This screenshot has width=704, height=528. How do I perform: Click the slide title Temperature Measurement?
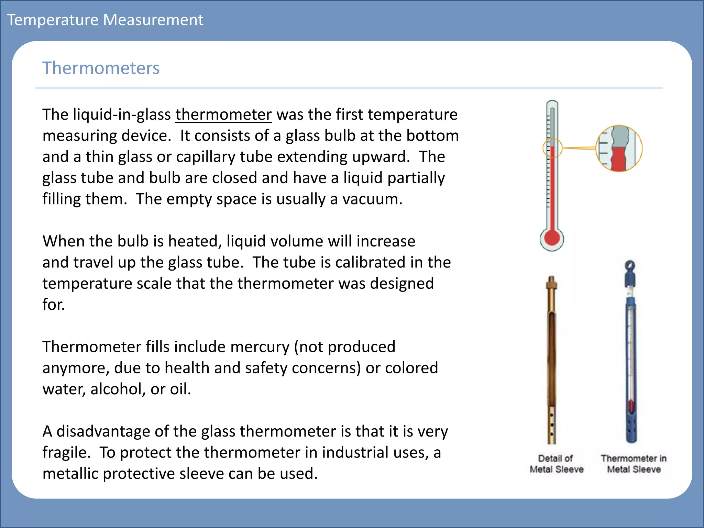(105, 20)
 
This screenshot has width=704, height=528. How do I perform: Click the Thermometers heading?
(101, 68)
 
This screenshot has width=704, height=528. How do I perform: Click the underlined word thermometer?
(223, 114)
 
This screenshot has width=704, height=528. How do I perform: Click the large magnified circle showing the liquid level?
(619, 148)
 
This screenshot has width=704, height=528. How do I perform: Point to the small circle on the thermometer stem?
(552, 148)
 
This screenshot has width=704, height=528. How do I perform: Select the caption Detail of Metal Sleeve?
(556, 464)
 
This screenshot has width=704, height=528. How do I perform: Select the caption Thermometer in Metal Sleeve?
(634, 464)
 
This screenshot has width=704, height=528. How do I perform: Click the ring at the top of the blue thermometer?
(630, 265)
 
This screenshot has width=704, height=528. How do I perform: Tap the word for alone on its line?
(53, 305)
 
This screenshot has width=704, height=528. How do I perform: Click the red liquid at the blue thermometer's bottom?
(631, 406)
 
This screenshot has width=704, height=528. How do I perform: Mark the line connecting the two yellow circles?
(579, 148)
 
